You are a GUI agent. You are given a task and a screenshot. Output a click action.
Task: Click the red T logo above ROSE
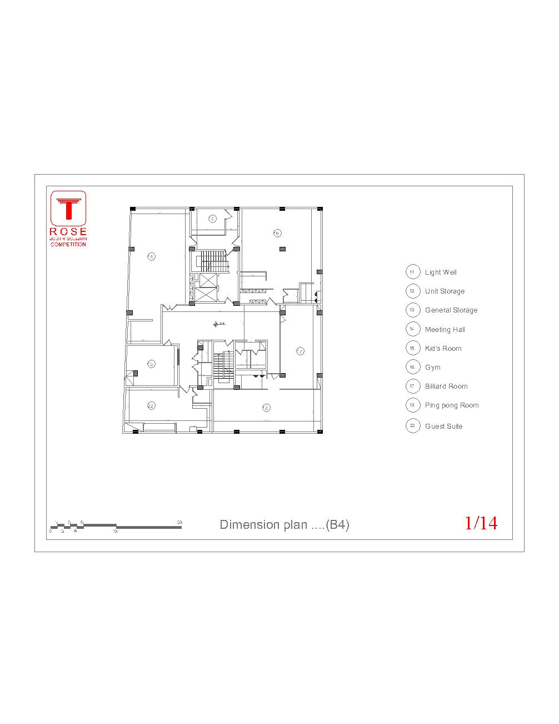pos(68,209)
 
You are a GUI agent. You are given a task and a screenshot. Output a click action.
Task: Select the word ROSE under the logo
pos(68,231)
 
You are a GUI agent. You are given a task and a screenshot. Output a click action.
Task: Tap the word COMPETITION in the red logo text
pos(68,245)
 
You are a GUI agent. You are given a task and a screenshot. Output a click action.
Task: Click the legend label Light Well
pos(441,272)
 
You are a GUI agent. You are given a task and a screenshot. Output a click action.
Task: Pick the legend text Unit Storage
pos(445,291)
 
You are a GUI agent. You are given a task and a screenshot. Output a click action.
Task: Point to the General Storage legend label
pos(451,310)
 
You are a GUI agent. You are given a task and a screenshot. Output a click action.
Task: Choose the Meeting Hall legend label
pos(445,330)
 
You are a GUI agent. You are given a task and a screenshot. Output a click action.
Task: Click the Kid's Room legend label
pos(443,349)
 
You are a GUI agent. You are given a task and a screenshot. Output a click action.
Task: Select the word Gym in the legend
pos(432,368)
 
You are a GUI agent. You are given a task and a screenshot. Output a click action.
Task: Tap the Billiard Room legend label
pos(446,386)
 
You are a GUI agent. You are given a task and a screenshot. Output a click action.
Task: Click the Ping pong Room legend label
pos(451,405)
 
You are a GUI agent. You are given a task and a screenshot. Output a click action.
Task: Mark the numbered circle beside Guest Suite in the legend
pos(412,427)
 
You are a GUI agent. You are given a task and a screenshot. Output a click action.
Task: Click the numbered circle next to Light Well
pos(412,272)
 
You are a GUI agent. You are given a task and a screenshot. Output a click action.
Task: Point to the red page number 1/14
pos(481,523)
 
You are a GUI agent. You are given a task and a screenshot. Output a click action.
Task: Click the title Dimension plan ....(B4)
pos(285,524)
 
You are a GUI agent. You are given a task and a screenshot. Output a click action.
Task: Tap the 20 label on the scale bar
pos(179,522)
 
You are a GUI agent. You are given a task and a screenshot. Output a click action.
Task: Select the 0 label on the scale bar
pos(50,532)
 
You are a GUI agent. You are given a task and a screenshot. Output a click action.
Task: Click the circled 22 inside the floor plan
pos(151,405)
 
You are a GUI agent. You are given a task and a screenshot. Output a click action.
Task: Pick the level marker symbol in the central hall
pos(216,324)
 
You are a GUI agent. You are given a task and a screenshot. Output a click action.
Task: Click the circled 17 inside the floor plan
pos(300,351)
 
